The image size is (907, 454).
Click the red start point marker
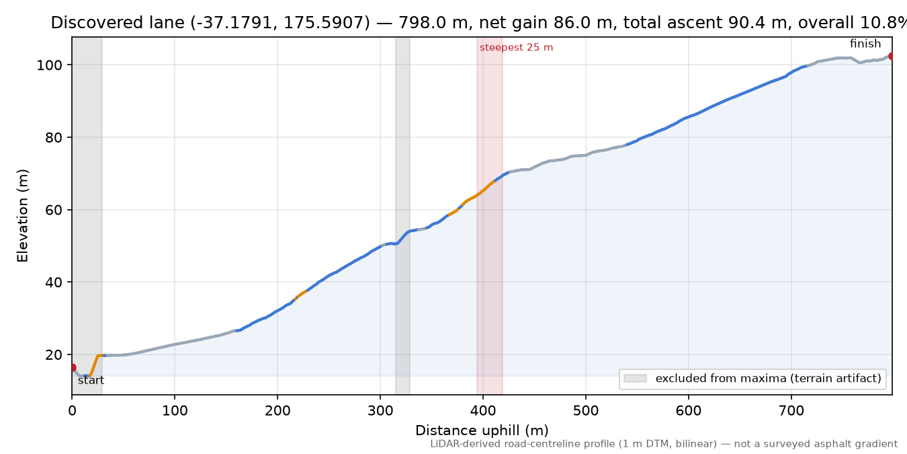click(x=73, y=368)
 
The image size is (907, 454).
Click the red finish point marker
click(x=891, y=56)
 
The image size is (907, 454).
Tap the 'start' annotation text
click(x=91, y=380)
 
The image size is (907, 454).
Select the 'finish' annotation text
click(x=865, y=43)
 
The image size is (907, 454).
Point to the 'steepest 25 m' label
click(x=516, y=48)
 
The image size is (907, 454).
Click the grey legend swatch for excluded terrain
click(x=635, y=378)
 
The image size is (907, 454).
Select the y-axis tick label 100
click(x=50, y=65)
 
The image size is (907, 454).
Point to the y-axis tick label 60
click(x=54, y=210)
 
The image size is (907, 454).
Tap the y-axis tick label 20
click(x=54, y=355)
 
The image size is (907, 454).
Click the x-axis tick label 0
click(x=72, y=411)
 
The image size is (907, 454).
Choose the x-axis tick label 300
click(x=380, y=411)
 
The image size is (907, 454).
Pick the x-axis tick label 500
click(x=586, y=411)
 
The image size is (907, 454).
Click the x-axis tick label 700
click(x=791, y=411)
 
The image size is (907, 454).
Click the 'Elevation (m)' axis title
click(x=23, y=216)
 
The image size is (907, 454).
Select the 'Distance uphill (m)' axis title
click(x=482, y=430)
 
